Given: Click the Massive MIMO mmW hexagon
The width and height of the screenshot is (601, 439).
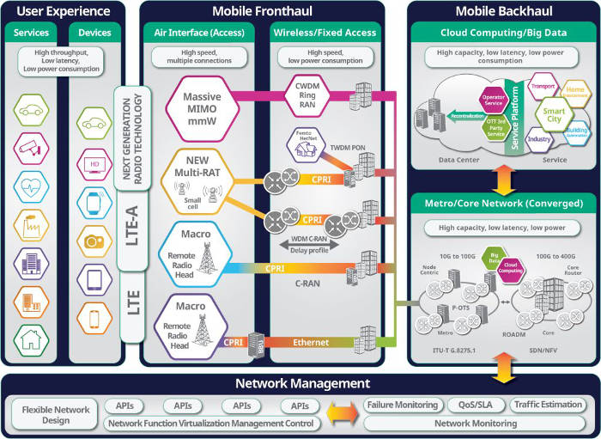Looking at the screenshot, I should [x=203, y=104].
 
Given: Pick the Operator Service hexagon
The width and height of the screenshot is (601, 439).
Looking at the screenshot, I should [x=493, y=101].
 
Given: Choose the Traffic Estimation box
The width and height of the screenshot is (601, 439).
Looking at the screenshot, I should [x=546, y=405].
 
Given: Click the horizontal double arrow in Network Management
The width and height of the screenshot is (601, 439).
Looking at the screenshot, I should [x=342, y=413].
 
